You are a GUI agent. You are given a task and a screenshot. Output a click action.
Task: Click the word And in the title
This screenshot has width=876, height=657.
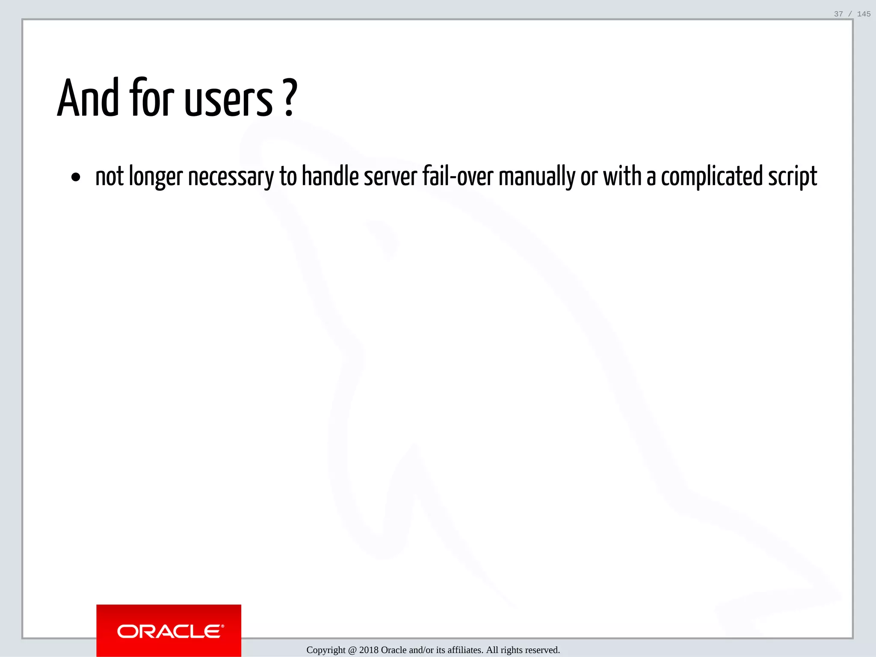click(88, 98)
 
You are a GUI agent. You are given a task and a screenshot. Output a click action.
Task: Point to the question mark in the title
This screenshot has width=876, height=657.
click(290, 98)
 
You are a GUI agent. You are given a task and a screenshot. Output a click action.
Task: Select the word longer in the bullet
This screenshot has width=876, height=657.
click(156, 177)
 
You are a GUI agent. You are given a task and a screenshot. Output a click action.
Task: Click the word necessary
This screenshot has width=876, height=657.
click(231, 177)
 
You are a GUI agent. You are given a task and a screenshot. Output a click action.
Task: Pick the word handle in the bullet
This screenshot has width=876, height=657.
click(330, 176)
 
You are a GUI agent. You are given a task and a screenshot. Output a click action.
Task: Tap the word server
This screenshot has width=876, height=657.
click(390, 177)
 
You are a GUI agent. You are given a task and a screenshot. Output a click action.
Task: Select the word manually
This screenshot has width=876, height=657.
click(537, 177)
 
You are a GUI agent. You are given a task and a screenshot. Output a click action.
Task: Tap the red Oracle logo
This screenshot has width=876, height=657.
click(169, 630)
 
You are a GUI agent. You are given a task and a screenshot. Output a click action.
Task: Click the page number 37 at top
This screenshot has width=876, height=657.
click(838, 14)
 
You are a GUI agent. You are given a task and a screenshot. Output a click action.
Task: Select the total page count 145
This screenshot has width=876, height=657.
click(864, 14)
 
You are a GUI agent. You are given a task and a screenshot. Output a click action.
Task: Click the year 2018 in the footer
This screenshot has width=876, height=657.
click(369, 650)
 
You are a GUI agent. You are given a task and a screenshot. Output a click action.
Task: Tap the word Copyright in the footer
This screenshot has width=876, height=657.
click(326, 650)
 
